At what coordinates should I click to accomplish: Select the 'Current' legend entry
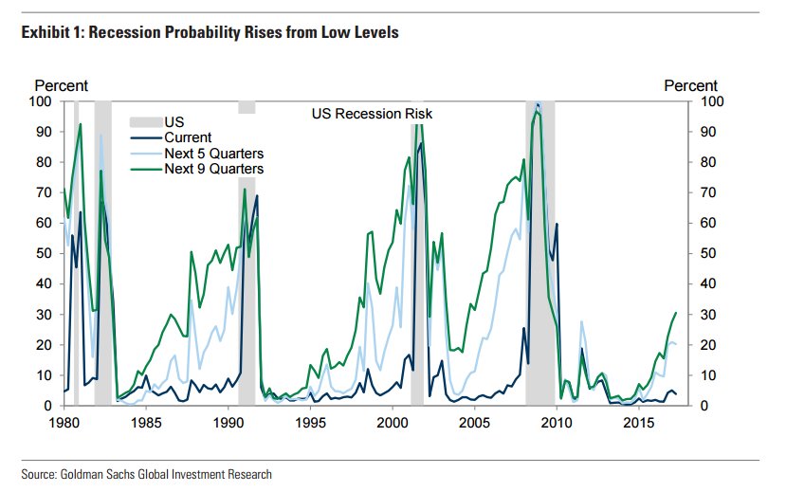point(188,137)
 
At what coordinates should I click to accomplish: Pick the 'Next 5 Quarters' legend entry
point(213,153)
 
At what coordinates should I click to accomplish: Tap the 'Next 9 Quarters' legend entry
point(213,168)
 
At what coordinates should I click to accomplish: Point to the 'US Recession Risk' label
point(372,114)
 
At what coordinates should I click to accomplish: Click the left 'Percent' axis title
point(62,86)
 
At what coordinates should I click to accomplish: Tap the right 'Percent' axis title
point(690,86)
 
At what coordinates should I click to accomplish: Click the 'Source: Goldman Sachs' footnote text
point(146,474)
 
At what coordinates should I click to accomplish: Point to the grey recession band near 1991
point(247,284)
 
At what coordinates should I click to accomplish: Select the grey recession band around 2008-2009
point(540,284)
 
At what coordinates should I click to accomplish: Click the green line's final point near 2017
point(676,312)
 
